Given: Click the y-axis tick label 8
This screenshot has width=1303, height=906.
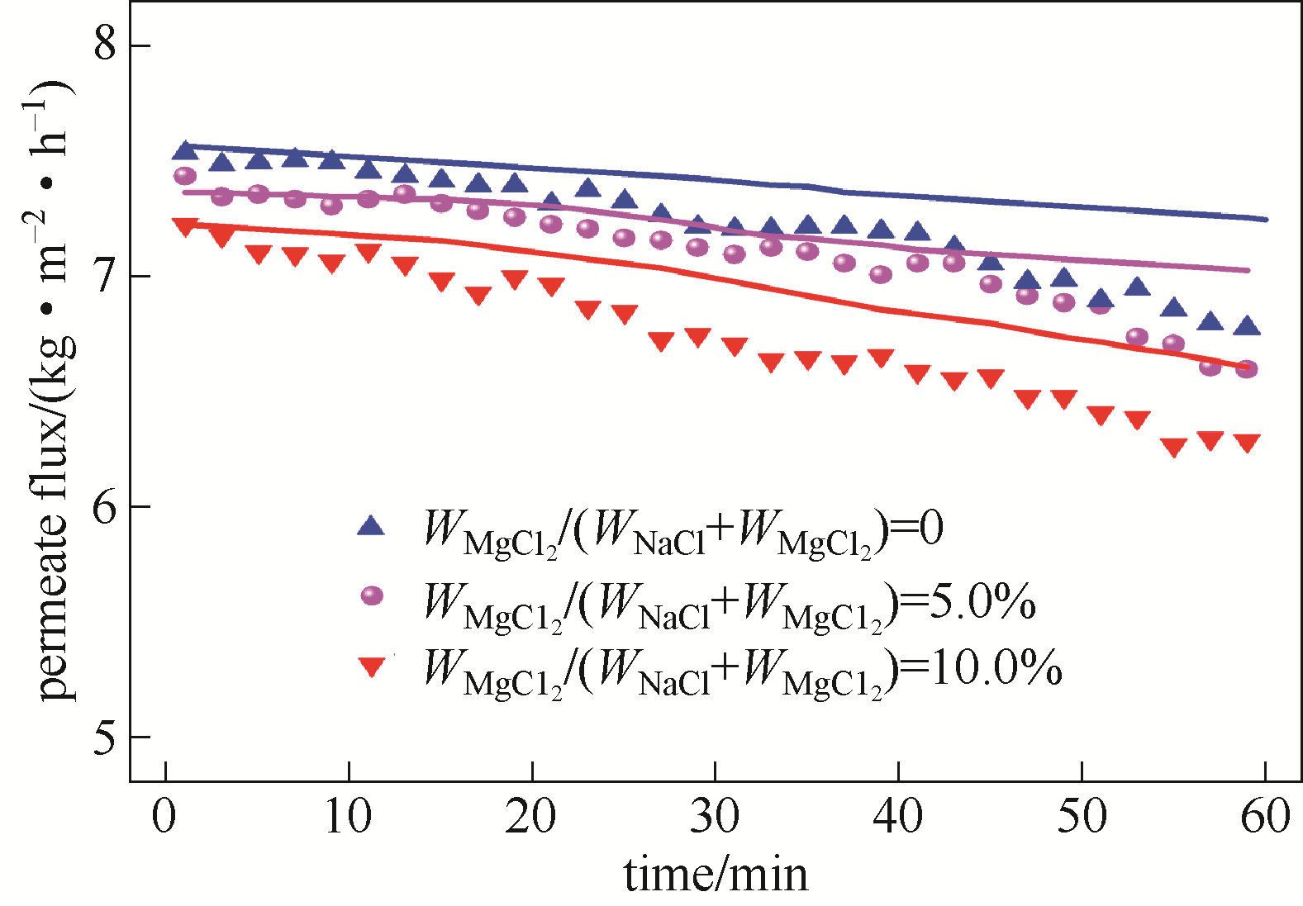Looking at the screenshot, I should (104, 43).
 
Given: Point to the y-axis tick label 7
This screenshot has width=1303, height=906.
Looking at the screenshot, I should (104, 275).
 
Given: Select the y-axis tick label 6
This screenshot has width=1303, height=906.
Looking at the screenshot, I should (104, 505).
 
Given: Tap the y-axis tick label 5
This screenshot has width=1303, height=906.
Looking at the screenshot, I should (104, 736).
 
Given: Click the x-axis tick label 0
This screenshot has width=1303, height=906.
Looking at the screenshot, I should (164, 817).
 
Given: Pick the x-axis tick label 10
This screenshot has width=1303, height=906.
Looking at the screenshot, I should (348, 817).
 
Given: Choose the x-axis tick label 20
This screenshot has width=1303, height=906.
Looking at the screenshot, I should (531, 817).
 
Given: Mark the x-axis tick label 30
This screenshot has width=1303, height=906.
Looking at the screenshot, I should (715, 817).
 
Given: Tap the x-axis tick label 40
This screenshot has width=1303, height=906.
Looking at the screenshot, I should (898, 817).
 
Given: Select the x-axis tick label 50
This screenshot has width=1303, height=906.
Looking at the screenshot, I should (1082, 817).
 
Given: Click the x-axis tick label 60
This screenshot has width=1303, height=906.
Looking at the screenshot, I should (1265, 817).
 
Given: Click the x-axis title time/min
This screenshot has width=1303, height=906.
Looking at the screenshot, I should (716, 874).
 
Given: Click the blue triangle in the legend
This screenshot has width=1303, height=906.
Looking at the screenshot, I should (371, 525).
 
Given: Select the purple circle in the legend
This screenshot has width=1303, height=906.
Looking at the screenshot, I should (372, 595).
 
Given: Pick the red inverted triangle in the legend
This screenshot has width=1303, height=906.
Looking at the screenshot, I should (372, 666).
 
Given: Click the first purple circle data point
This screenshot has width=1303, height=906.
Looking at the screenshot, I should (185, 176).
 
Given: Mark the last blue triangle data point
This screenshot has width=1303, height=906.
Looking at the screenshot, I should (1246, 326).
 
